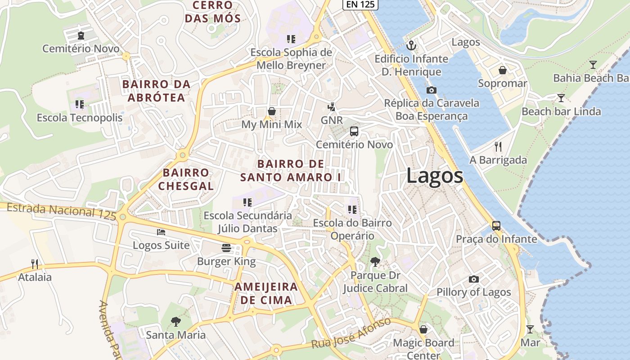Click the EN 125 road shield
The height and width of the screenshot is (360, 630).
pos(360,4)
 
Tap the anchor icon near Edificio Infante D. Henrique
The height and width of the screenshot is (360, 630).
pos(411,45)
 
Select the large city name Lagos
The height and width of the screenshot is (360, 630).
pos(435,175)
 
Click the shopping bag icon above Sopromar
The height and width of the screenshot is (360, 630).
pos(503,71)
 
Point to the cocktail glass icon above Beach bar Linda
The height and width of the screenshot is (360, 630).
pos(561,98)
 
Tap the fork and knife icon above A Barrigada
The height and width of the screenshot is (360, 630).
pos(498,147)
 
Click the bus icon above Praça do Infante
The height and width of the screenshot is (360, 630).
pos(496,226)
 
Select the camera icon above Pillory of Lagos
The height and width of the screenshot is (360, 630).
pos(473,279)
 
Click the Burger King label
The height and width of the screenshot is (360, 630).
pos(226,261)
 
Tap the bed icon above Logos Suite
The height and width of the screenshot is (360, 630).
pos(161,232)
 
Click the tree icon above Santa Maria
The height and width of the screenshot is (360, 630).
pos(176,322)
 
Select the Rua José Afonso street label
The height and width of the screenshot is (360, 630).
pos(351,333)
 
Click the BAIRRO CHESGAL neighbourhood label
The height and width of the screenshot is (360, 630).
pos(186,179)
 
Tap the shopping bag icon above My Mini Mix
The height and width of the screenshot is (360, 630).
pos(272,111)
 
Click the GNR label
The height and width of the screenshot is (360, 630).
pos(332,120)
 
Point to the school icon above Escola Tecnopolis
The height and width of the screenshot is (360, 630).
pos(80,105)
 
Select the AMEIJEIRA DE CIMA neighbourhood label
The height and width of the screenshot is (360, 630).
pos(266,293)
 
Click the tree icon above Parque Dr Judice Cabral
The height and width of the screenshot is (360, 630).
pos(374,262)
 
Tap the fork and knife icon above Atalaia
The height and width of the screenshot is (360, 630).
pos(35,264)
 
